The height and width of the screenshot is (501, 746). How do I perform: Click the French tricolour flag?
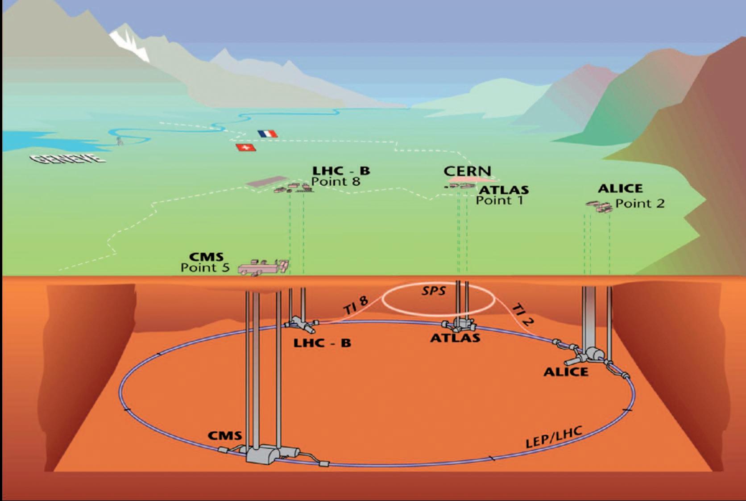pos(268,134)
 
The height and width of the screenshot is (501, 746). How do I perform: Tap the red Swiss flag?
pos(245,147)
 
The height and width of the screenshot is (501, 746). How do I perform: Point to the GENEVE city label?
pos(67,159)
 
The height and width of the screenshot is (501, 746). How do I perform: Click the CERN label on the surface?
pos(467,171)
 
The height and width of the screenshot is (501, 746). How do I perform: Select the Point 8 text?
pos(336,182)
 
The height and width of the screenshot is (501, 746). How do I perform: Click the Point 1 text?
pos(499,200)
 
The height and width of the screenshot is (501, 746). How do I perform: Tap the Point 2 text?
pos(640,204)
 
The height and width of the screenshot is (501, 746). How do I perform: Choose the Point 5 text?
pos(205,267)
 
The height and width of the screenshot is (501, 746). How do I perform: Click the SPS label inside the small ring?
pos(434,292)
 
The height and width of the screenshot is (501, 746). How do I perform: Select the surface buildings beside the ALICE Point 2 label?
pos(599,206)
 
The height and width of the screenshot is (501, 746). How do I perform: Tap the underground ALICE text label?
pos(566,372)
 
